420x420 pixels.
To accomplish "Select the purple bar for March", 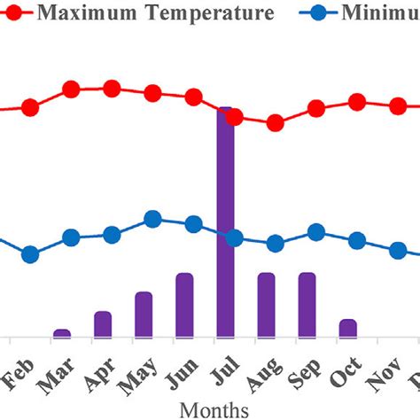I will [62, 333].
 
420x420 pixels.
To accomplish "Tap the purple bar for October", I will [348, 328].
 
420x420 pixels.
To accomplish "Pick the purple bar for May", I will [144, 315].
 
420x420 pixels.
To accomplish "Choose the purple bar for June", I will [184, 306].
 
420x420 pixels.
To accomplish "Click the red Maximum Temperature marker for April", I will [112, 89].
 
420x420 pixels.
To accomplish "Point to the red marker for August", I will [276, 123].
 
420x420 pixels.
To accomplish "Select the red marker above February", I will [30, 107].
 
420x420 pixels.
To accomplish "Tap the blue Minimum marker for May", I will [152, 219].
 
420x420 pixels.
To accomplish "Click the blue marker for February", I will [30, 254].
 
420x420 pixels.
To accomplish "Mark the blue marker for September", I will [316, 232].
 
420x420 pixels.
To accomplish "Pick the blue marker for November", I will [398, 251].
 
